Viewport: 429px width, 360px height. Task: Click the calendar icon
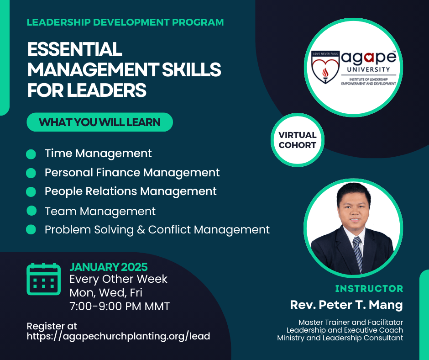coord(43,279)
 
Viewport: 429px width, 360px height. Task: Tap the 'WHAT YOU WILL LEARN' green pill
coord(99,122)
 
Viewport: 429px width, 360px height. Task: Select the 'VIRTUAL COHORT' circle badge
coord(298,140)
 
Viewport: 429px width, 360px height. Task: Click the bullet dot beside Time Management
coord(31,154)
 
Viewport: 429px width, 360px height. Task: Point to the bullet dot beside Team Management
coord(31,211)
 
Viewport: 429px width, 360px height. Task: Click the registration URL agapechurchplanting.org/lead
coord(119,336)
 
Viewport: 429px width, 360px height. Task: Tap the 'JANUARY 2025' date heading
coord(109,267)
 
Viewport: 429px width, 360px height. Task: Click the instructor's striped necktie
coord(358,254)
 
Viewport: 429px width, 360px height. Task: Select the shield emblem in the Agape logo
coord(325,67)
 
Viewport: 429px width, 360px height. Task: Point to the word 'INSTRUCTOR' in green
coord(369,288)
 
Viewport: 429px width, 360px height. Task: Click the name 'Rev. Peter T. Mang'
coord(346,305)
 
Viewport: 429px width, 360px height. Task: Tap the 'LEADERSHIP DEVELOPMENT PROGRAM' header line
coord(126,22)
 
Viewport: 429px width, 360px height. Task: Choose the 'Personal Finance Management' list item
coord(132,173)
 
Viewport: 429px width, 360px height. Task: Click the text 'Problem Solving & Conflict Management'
coord(157,230)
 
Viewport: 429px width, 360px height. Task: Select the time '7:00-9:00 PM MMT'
coord(120,306)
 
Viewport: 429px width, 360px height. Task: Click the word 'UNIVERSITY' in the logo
coord(369,69)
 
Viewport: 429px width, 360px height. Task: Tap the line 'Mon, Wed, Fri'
coord(106,292)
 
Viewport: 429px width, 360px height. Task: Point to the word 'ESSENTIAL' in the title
coord(75,49)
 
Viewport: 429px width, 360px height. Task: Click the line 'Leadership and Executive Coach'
coord(345,330)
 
